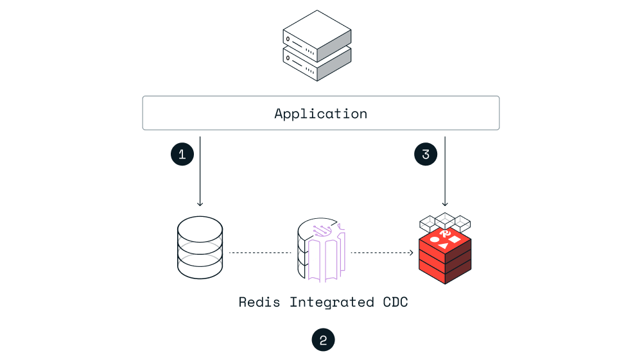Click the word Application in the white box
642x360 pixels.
(320, 114)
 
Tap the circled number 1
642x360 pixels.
(182, 154)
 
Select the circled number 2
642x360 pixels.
(323, 340)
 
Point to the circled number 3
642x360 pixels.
(426, 154)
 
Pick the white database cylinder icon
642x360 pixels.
(200, 248)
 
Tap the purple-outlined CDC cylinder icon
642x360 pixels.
(322, 252)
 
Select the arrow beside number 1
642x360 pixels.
(200, 171)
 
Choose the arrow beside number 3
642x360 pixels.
(445, 171)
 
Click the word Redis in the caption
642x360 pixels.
(259, 302)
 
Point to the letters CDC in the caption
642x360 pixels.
(394, 302)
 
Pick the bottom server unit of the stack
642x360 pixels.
(317, 63)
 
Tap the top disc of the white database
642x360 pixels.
(200, 228)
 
